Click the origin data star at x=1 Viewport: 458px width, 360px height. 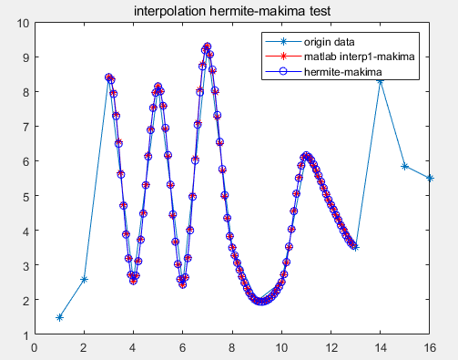pos(59,317)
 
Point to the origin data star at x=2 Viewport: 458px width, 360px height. pos(84,279)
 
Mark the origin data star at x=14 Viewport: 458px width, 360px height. pos(381,81)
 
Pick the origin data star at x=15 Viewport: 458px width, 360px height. pos(405,167)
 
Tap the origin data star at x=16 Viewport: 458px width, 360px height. pos(430,178)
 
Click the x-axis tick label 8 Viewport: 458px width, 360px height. pos(232,346)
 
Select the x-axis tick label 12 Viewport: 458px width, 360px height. pos(331,346)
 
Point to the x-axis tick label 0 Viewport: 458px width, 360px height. pos(35,346)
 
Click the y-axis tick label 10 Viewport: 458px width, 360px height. pos(22,23)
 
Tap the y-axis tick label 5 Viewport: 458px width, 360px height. pos(25,196)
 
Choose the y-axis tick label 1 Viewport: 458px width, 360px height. pos(25,334)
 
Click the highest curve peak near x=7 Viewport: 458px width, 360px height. pos(208,46)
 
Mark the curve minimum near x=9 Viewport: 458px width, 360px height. pos(260,301)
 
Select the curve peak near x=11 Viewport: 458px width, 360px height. pos(306,156)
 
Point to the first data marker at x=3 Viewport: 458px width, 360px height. pos(108,77)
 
